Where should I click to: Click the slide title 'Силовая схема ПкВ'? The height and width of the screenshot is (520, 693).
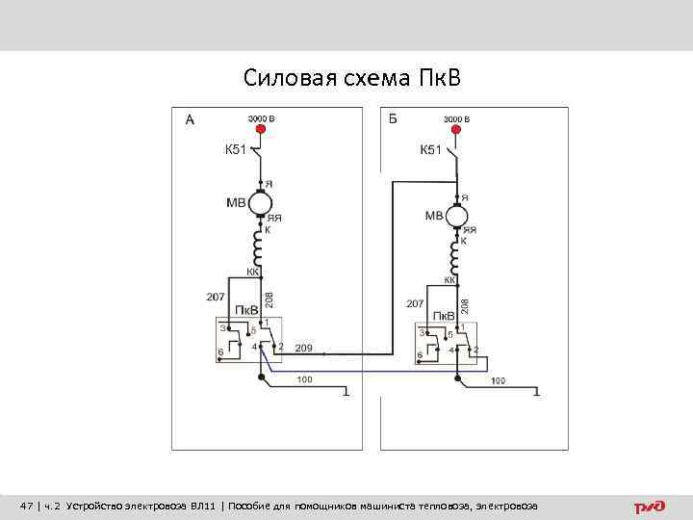click(352, 77)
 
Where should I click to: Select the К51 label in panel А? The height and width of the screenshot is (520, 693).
click(236, 149)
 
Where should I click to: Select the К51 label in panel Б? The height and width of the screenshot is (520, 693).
click(430, 149)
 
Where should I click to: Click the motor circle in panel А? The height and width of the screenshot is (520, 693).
click(260, 203)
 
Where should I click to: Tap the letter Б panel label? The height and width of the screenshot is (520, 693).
click(393, 119)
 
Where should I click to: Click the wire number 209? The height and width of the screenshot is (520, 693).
click(303, 347)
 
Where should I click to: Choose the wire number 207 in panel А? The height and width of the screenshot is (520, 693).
click(216, 296)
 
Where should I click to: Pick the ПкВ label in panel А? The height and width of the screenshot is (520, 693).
click(245, 310)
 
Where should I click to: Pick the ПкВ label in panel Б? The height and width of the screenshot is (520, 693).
click(444, 316)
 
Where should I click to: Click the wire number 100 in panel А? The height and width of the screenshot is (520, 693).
click(304, 381)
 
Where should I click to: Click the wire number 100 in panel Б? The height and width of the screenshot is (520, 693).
click(498, 381)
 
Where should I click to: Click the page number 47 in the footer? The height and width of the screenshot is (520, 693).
click(27, 506)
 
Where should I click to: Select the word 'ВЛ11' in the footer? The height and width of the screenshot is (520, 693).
click(203, 506)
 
